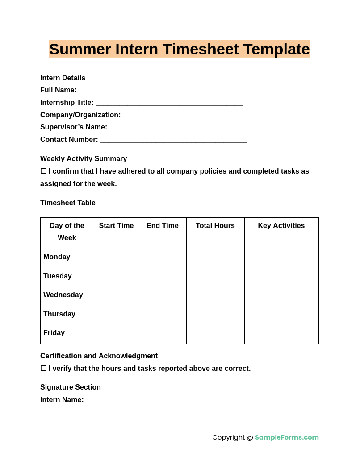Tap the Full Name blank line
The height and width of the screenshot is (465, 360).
tap(162, 91)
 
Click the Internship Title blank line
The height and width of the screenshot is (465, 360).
tap(169, 103)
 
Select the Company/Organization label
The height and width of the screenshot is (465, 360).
tap(80, 115)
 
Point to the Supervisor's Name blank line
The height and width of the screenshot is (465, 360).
tap(177, 128)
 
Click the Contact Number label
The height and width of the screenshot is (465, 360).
tap(69, 140)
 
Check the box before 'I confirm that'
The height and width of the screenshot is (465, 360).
tap(43, 171)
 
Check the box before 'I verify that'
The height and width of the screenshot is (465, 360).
tap(43, 368)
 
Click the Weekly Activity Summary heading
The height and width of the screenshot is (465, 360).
tap(84, 159)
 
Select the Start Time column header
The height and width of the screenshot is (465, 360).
tap(116, 226)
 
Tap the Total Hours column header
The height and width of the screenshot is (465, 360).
tap(215, 226)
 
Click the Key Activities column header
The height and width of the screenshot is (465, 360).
tap(281, 226)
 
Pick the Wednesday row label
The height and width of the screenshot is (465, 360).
tap(63, 295)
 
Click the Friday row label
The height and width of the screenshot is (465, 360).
tap(54, 333)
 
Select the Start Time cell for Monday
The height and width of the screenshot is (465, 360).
tap(117, 258)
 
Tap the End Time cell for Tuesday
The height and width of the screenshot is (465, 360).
tap(163, 278)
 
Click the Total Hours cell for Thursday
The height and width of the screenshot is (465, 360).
tap(215, 316)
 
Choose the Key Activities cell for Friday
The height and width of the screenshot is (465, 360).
tap(281, 334)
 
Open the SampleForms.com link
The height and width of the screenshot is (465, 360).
tap(287, 437)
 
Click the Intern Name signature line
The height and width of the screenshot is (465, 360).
tap(165, 400)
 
